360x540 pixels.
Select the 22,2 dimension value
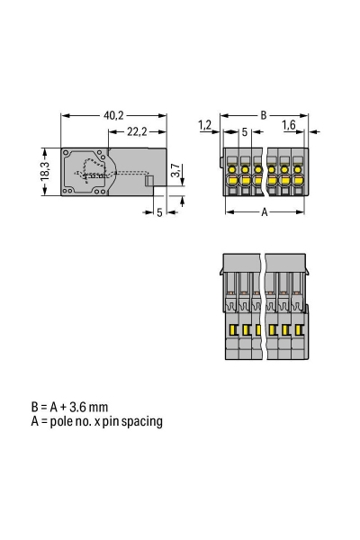coord(137,131)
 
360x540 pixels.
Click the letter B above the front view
coord(263,114)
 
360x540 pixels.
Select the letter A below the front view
coord(263,212)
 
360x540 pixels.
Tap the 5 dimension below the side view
coord(158,212)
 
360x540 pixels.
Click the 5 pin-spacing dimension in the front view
coord(244,132)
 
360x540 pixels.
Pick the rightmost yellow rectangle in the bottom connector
coord(299,330)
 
